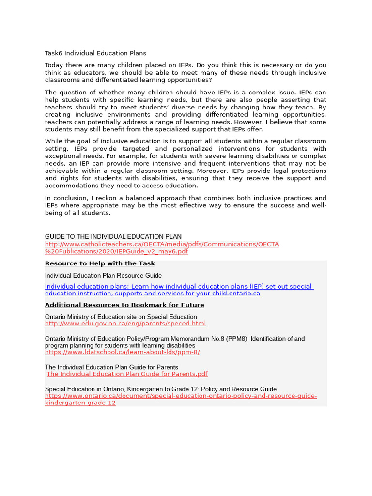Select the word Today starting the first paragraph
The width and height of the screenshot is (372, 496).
54,65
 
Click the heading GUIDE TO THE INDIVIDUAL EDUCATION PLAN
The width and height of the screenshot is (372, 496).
113,237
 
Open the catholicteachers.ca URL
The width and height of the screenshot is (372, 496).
162,244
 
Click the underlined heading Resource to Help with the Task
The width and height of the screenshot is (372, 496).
100,263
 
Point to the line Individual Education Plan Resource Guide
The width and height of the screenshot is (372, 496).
103,275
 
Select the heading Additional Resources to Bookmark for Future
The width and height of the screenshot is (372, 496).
124,305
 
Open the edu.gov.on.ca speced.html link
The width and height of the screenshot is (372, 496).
125,324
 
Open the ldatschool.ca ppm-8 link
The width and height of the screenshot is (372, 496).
122,352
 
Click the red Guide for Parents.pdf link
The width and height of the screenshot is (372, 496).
127,374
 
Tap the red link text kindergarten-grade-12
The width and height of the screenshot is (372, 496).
80,403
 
